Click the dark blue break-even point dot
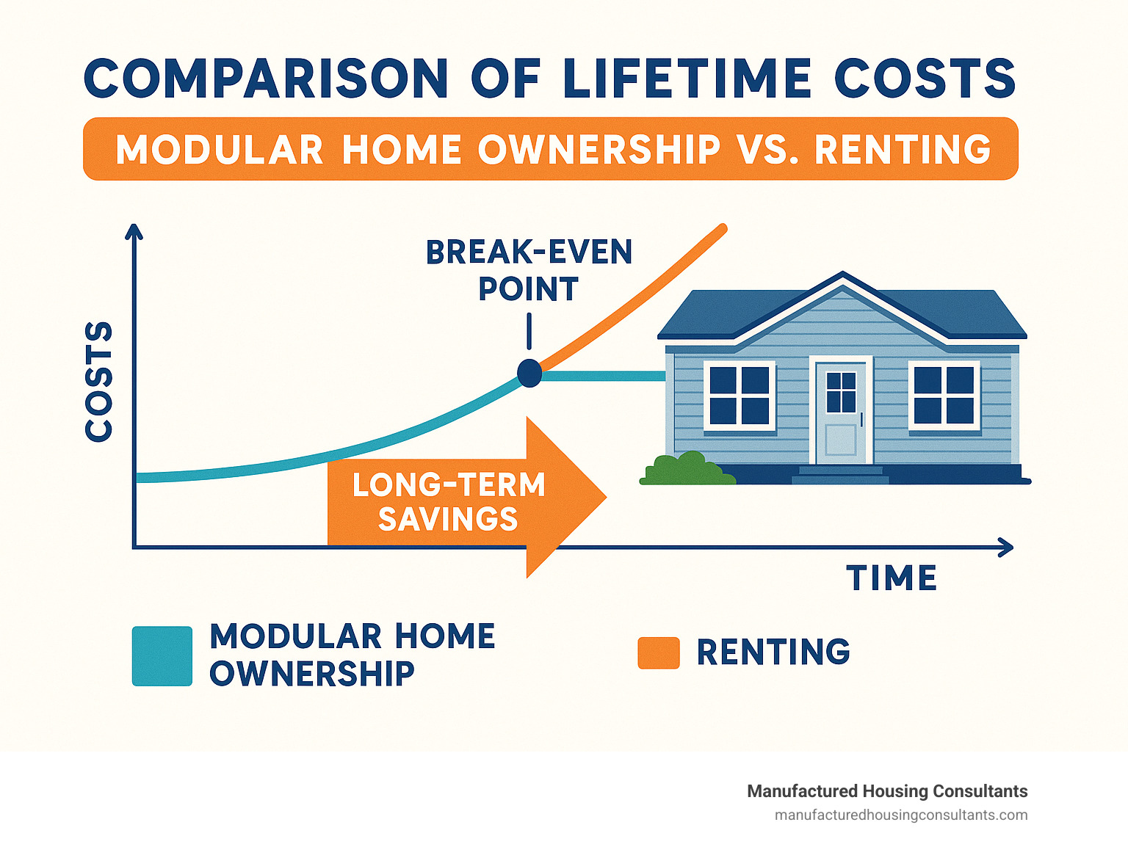[529, 373]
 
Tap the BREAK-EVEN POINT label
[529, 270]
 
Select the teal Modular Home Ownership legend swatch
[162, 655]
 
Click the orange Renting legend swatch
[658, 652]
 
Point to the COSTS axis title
[99, 381]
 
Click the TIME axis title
[892, 578]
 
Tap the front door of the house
[841, 411]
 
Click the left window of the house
[740, 395]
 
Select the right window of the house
[944, 395]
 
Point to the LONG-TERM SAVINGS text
[448, 502]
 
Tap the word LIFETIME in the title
[687, 79]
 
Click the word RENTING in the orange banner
[903, 150]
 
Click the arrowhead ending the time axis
[1008, 548]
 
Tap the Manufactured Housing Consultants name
[887, 791]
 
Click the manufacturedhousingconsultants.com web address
[901, 815]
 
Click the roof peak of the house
[842, 275]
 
